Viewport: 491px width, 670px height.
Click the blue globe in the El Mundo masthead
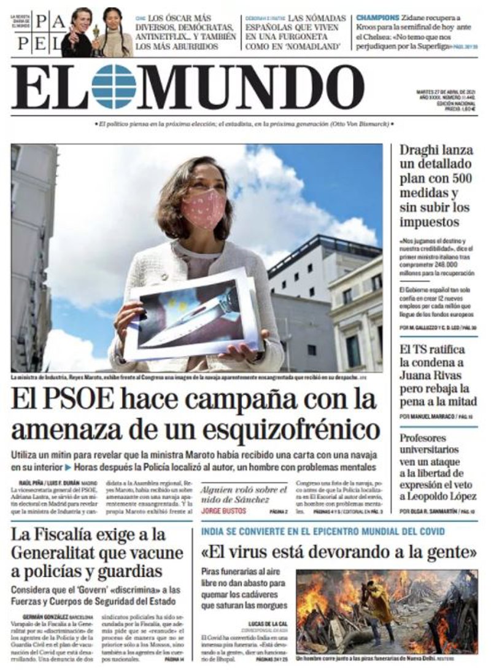[x=114, y=87]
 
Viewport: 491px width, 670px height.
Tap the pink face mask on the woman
[x=204, y=208]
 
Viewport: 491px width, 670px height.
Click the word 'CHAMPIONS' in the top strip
[x=378, y=17]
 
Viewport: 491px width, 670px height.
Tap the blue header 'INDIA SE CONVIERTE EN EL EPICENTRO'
[x=323, y=532]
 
